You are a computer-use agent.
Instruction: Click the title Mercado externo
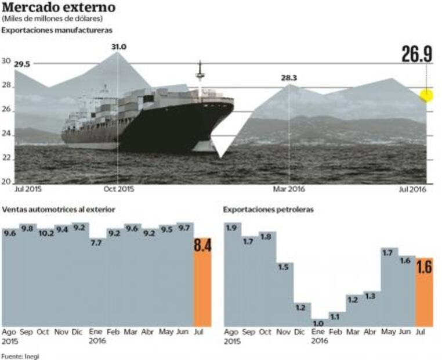[59, 8]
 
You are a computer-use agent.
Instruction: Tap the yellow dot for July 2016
[426, 95]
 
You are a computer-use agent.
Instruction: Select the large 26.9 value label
[416, 54]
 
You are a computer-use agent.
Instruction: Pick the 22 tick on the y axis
[7, 158]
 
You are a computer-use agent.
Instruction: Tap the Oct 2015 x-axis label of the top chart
[118, 189]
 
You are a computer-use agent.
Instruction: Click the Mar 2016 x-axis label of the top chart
[289, 189]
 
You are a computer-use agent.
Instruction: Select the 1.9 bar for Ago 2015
[233, 273]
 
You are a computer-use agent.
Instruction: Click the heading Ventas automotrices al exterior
[59, 209]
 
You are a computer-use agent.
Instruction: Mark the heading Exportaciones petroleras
[268, 209]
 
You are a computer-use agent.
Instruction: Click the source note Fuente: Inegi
[20, 356]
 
